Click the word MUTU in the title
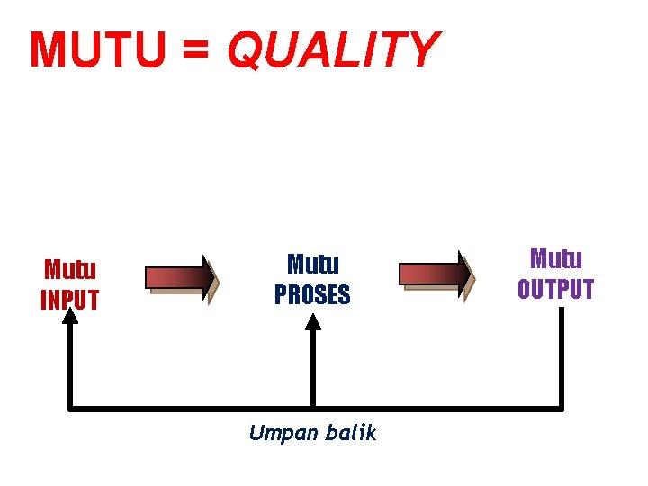97,50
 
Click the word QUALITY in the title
333,50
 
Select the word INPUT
70,300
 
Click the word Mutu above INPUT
70,270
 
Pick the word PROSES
312,294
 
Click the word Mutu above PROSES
312,265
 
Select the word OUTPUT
555,289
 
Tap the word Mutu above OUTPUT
555,259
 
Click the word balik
352,433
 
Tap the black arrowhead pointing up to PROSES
312,323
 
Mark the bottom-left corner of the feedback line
71,409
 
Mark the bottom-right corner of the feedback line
561,409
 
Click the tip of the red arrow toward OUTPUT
471,273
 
